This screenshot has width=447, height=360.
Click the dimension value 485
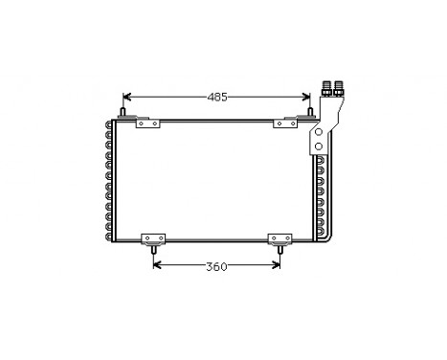point(218,97)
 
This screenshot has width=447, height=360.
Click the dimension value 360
point(217,266)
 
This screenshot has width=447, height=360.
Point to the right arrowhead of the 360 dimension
point(278,266)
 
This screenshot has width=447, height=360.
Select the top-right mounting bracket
point(284,124)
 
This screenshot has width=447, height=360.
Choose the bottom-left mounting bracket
point(152,239)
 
